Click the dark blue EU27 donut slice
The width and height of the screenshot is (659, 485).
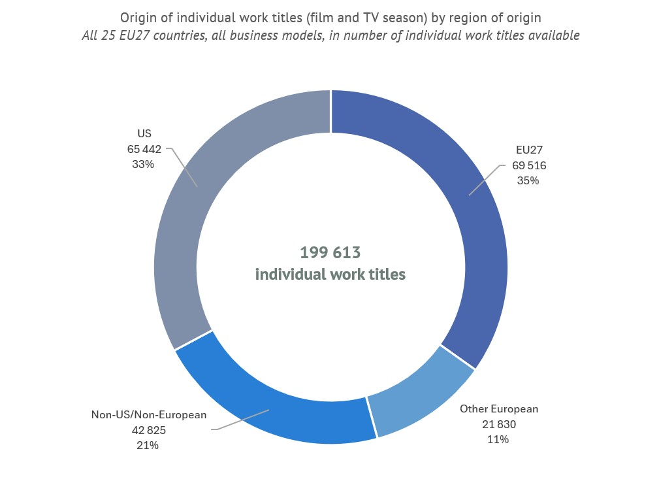pos(470,216)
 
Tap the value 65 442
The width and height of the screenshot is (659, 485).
pos(144,149)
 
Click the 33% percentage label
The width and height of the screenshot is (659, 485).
pos(143,165)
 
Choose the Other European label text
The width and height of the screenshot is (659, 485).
pos(499,409)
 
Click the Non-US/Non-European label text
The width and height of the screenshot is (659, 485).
pos(149,414)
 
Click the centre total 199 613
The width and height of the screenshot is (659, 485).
pos(330,252)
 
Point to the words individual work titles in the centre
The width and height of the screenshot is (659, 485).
pos(330,275)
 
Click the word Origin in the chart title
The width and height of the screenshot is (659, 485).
pos(138,18)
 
